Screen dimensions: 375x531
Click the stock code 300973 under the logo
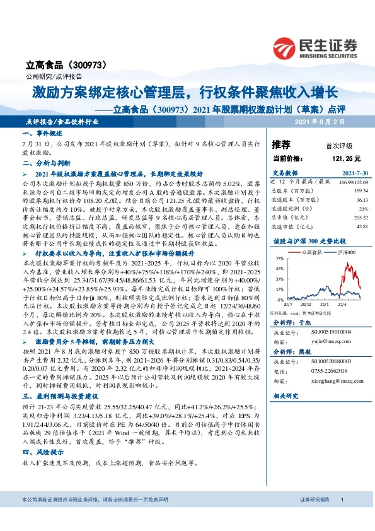point(91,64)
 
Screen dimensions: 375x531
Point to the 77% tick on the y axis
point(279,259)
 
